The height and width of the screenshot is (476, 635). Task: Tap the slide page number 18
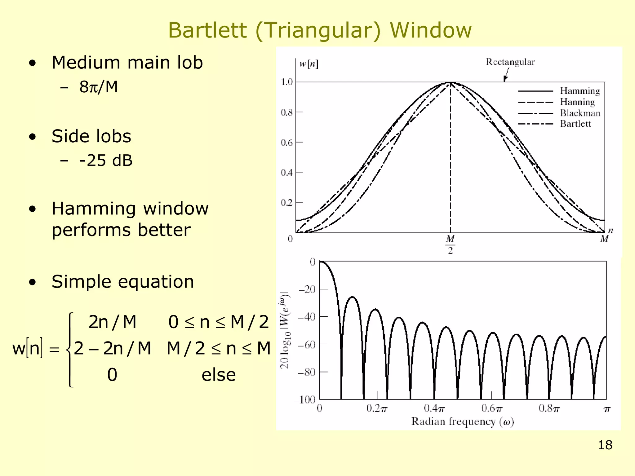[605, 445]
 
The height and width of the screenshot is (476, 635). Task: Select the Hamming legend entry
[580, 91]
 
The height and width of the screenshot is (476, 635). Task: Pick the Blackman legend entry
[580, 113]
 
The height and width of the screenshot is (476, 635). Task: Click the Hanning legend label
[577, 102]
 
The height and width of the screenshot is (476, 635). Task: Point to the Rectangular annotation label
[510, 62]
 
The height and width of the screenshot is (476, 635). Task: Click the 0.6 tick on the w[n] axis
[287, 143]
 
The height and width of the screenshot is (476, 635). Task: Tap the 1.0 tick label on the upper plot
[287, 82]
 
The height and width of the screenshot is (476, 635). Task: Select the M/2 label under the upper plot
[450, 244]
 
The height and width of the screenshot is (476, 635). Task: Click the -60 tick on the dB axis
[307, 344]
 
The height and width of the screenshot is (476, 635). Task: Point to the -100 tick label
[304, 400]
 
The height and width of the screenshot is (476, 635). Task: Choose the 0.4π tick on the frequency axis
[434, 409]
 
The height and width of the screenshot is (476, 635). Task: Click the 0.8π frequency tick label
[549, 409]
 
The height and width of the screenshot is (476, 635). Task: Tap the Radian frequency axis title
[462, 422]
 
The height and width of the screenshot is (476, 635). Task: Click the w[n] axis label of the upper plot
[309, 64]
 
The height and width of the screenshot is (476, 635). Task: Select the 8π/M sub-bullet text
[99, 87]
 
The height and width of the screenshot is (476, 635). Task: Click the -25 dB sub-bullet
[106, 161]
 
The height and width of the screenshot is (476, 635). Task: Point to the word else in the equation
[219, 375]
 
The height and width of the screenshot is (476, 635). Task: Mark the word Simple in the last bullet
[82, 282]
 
